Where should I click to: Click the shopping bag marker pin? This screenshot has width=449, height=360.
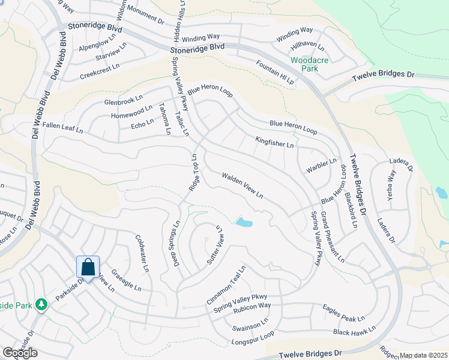click(x=88, y=267)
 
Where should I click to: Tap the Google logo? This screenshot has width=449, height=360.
click(x=20, y=353)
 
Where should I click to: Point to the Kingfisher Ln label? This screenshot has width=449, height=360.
click(x=274, y=142)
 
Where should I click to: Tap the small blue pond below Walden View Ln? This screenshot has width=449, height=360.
click(x=244, y=223)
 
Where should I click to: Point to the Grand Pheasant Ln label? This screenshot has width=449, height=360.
click(x=332, y=237)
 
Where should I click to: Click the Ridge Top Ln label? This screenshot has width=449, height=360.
click(x=194, y=173)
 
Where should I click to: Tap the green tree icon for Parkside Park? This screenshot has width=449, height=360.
click(x=41, y=305)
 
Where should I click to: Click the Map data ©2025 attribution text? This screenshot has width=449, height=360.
click(x=423, y=355)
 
